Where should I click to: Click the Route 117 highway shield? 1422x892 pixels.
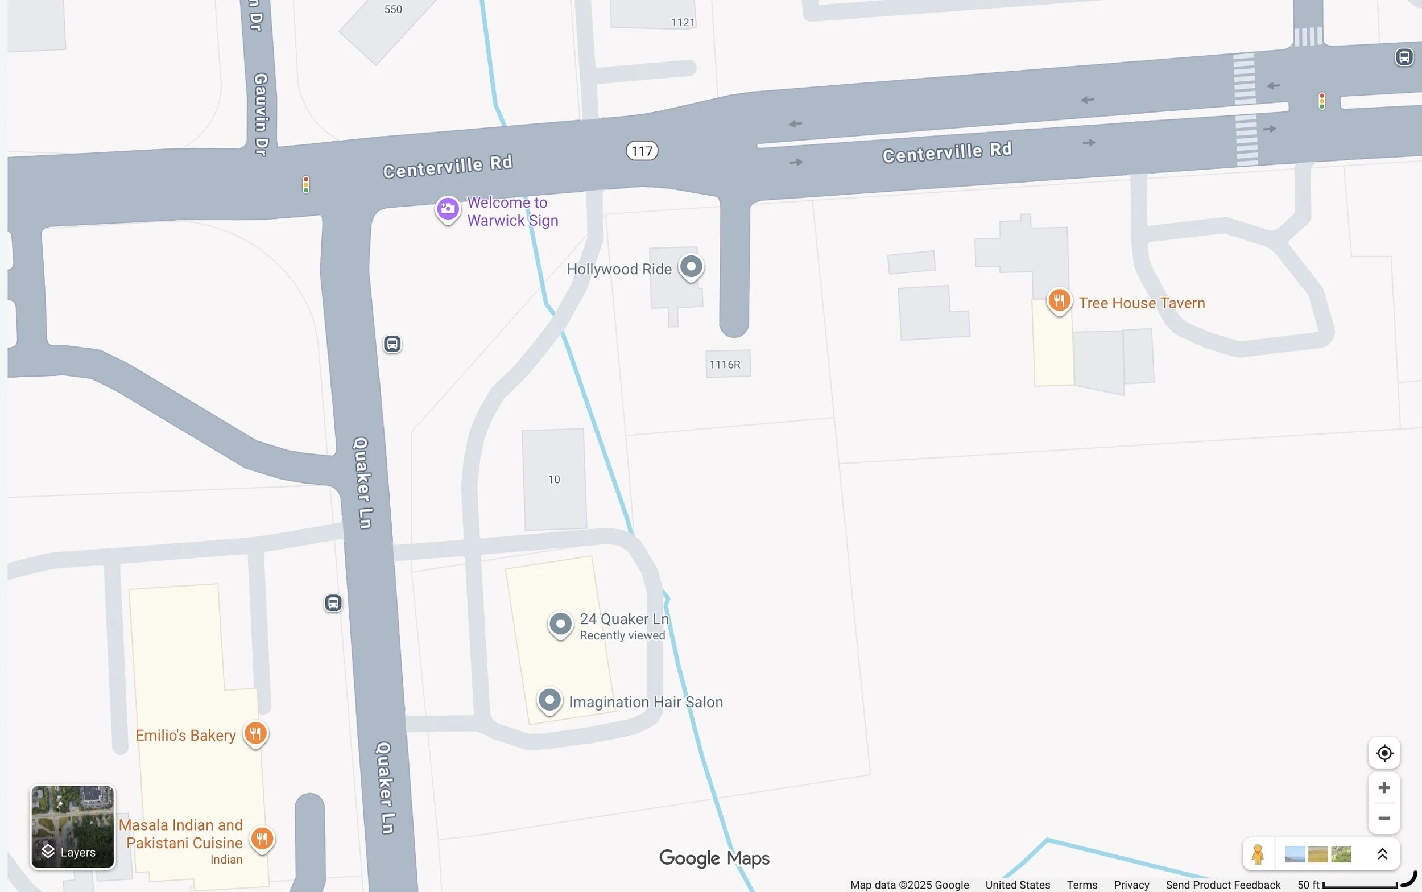point(642,151)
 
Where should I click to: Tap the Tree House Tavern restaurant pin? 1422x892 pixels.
point(1059,301)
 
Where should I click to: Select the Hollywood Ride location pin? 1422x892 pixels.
point(691,267)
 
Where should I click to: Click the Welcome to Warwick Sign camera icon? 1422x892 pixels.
point(448,209)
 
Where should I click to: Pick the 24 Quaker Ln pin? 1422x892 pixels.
point(560,623)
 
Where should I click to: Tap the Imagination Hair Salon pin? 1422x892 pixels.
point(549,700)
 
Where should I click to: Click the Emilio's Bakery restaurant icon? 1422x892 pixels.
point(255,734)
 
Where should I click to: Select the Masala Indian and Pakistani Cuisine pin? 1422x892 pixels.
point(262,839)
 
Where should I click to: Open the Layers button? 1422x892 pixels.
point(73,827)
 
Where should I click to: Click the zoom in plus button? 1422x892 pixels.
point(1384,787)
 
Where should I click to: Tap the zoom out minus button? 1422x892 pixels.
point(1384,818)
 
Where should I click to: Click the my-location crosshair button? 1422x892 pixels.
point(1384,753)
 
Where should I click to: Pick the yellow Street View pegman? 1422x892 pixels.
point(1258,854)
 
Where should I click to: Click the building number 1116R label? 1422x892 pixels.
point(725,365)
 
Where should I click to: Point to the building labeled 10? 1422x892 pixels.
point(554,479)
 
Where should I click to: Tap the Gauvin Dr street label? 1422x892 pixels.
point(260,115)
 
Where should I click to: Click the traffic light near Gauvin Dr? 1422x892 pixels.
point(305,185)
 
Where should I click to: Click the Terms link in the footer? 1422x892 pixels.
point(1082,885)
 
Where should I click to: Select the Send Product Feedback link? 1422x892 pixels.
point(1223,885)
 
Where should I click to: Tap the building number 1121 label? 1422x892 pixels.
point(683,22)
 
